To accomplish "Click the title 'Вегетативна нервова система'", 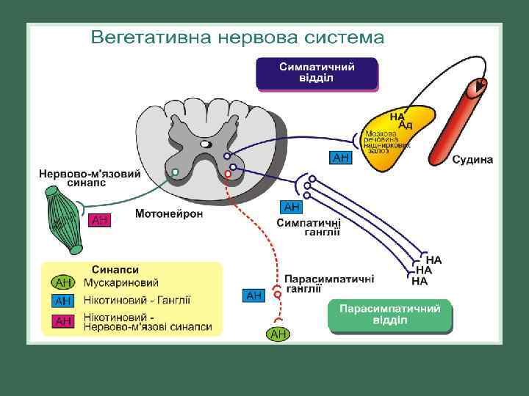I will (x=237, y=37).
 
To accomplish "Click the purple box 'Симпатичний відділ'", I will (x=317, y=73).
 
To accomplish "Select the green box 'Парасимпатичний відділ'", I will (x=389, y=315).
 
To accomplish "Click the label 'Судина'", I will (x=472, y=160).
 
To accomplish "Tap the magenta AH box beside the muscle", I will (x=100, y=220).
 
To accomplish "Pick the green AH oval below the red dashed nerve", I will (x=278, y=334).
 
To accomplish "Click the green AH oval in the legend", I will (x=63, y=282).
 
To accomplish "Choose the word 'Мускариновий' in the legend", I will (x=121, y=282).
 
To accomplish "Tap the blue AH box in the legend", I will (x=63, y=301).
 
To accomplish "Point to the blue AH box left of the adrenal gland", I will (x=341, y=157).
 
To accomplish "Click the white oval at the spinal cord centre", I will (x=206, y=144).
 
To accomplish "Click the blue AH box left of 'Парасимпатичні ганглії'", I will (x=253, y=296).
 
